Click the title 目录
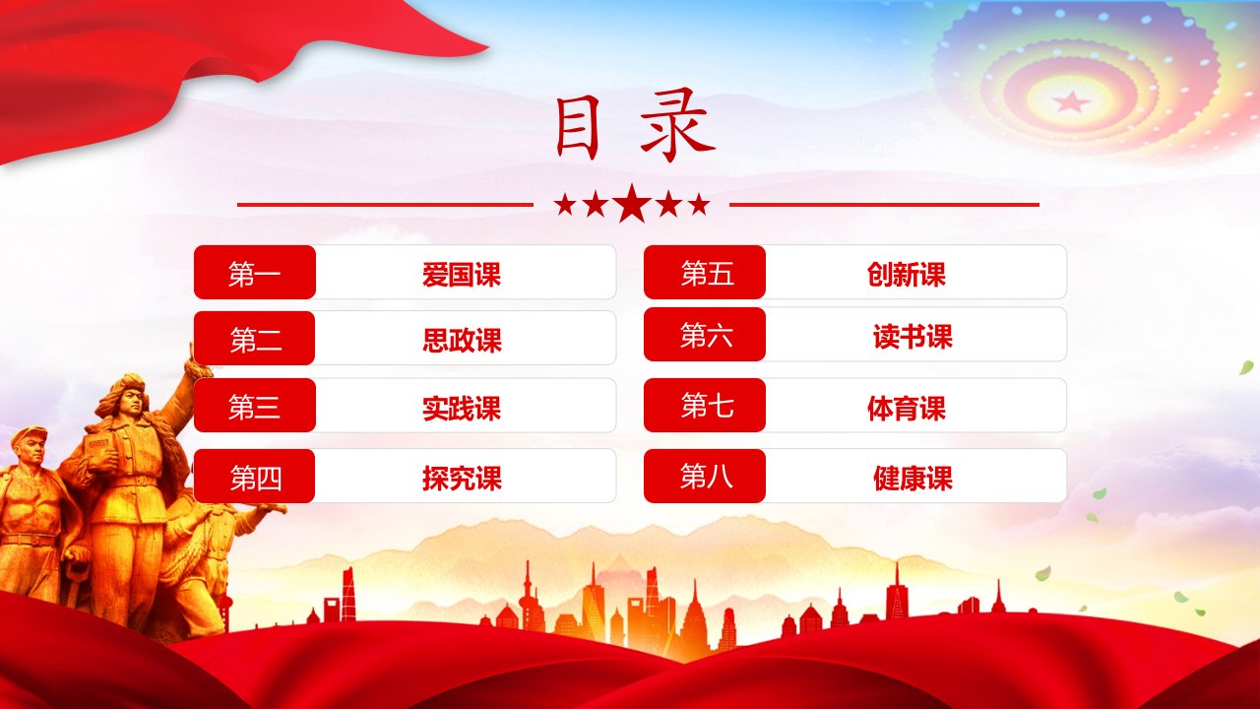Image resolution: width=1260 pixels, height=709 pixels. point(636,125)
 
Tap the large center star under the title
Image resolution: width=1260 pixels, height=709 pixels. point(632,204)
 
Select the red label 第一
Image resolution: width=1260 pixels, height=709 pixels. point(255,273)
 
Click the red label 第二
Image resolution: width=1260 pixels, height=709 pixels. point(254,338)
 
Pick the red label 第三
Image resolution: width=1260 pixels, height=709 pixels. point(255,405)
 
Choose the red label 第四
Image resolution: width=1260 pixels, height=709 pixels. point(254,476)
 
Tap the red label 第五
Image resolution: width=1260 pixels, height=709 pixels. point(705,273)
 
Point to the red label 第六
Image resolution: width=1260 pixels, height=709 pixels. point(705,334)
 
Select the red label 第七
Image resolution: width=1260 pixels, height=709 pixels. point(705,405)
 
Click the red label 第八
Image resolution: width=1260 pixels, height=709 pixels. point(705,476)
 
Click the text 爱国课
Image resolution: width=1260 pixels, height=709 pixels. point(462,275)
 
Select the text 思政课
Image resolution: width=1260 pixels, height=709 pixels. point(462,341)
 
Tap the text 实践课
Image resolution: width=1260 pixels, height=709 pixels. point(462,409)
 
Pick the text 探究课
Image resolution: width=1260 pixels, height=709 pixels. point(462,479)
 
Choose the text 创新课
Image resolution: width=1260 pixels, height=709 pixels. point(907,275)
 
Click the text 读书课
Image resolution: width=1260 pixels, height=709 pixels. point(913,337)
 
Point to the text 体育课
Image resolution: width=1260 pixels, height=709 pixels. point(907,409)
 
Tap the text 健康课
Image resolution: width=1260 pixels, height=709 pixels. point(913,479)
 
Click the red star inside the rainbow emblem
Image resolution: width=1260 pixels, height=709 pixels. point(1071,101)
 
